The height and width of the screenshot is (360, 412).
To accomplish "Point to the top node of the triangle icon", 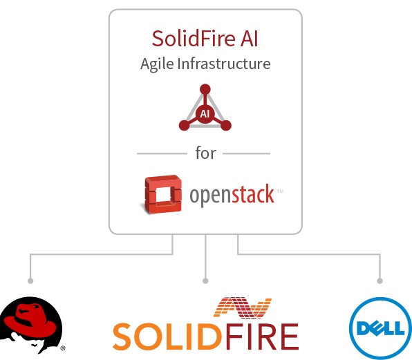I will [x=205, y=89].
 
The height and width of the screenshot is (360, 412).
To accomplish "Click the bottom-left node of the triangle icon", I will [x=184, y=125].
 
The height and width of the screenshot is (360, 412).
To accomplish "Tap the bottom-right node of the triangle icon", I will [x=225, y=125].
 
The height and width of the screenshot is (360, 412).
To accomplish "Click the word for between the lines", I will [x=205, y=153].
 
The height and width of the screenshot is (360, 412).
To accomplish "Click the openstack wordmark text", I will [x=232, y=196].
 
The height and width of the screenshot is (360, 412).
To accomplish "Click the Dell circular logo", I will [x=377, y=327].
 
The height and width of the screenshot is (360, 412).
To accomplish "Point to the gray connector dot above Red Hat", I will [x=30, y=281].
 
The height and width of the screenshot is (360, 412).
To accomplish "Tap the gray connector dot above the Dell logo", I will [x=380, y=281].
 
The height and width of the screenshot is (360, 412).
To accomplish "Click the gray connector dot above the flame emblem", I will [x=205, y=281].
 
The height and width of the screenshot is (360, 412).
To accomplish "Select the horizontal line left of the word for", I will [x=162, y=153].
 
